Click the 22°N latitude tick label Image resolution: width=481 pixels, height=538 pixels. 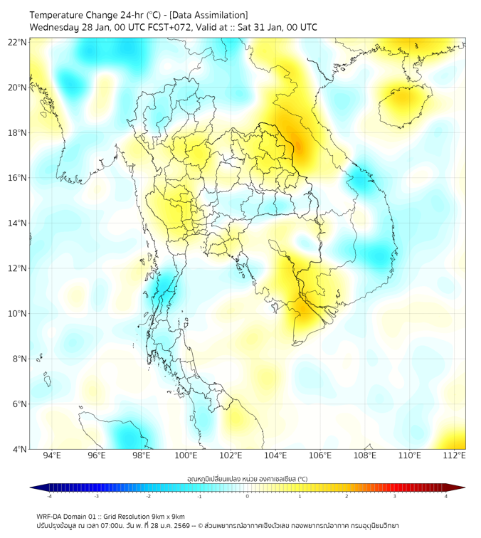pos(18,42)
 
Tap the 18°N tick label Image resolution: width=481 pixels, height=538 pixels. pos(18,133)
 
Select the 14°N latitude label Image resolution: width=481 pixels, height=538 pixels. pos(18,223)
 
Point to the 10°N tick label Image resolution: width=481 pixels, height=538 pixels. pos(18,314)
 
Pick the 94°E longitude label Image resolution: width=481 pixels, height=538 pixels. pos(52,455)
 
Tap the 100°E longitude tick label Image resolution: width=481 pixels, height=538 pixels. pos(186,455)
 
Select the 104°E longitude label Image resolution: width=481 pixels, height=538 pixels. pos(275,455)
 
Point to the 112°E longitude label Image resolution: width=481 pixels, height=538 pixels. pos(454,455)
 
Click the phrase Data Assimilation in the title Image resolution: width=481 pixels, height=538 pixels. pos(211,15)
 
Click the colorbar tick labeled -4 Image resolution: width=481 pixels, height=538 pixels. pos(49,497)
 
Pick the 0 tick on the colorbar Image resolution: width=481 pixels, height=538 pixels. pos(248,497)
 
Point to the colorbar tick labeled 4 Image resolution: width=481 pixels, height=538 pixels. pos(445,497)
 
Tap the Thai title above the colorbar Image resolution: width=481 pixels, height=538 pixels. pos(247,479)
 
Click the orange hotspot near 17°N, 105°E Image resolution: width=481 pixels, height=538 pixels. pos(294,146)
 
